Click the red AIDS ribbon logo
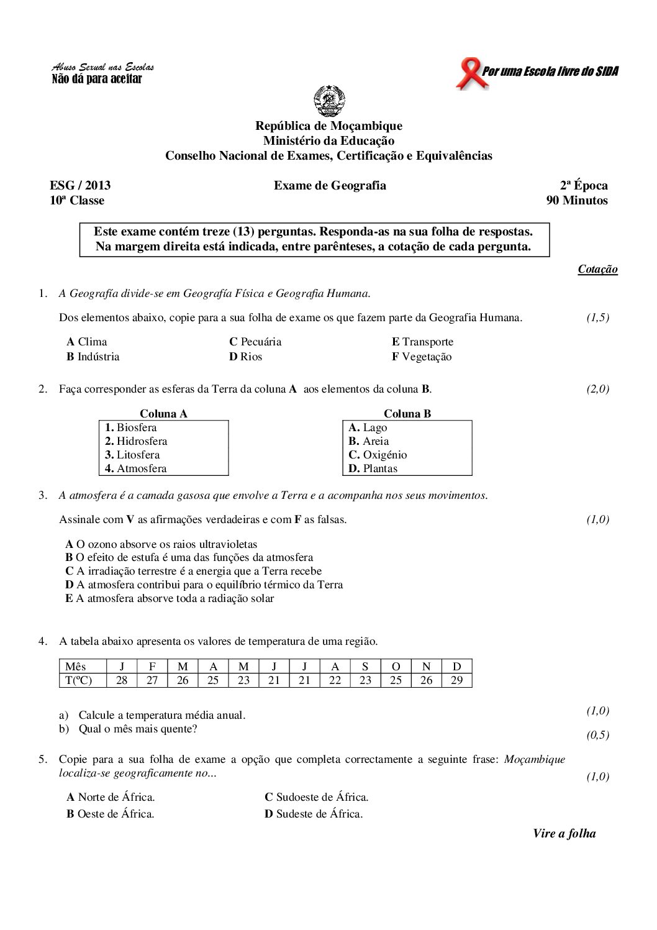tap(470, 73)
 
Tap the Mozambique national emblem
tap(328, 102)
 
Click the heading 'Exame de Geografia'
tap(330, 186)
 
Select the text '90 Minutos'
tap(576, 201)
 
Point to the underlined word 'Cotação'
tap(597, 270)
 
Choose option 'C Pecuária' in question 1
tap(255, 342)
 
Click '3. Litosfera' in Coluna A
tap(132, 455)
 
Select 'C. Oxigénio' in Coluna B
tap(378, 455)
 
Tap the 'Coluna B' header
tap(407, 414)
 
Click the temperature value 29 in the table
tap(456, 680)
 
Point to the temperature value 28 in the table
tap(122, 680)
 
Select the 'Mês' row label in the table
tap(76, 667)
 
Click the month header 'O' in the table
tap(396, 667)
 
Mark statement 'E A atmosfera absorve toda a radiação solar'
tap(170, 599)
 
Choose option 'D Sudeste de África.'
tap(314, 814)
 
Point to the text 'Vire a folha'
tap(564, 834)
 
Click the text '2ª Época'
tap(584, 186)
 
